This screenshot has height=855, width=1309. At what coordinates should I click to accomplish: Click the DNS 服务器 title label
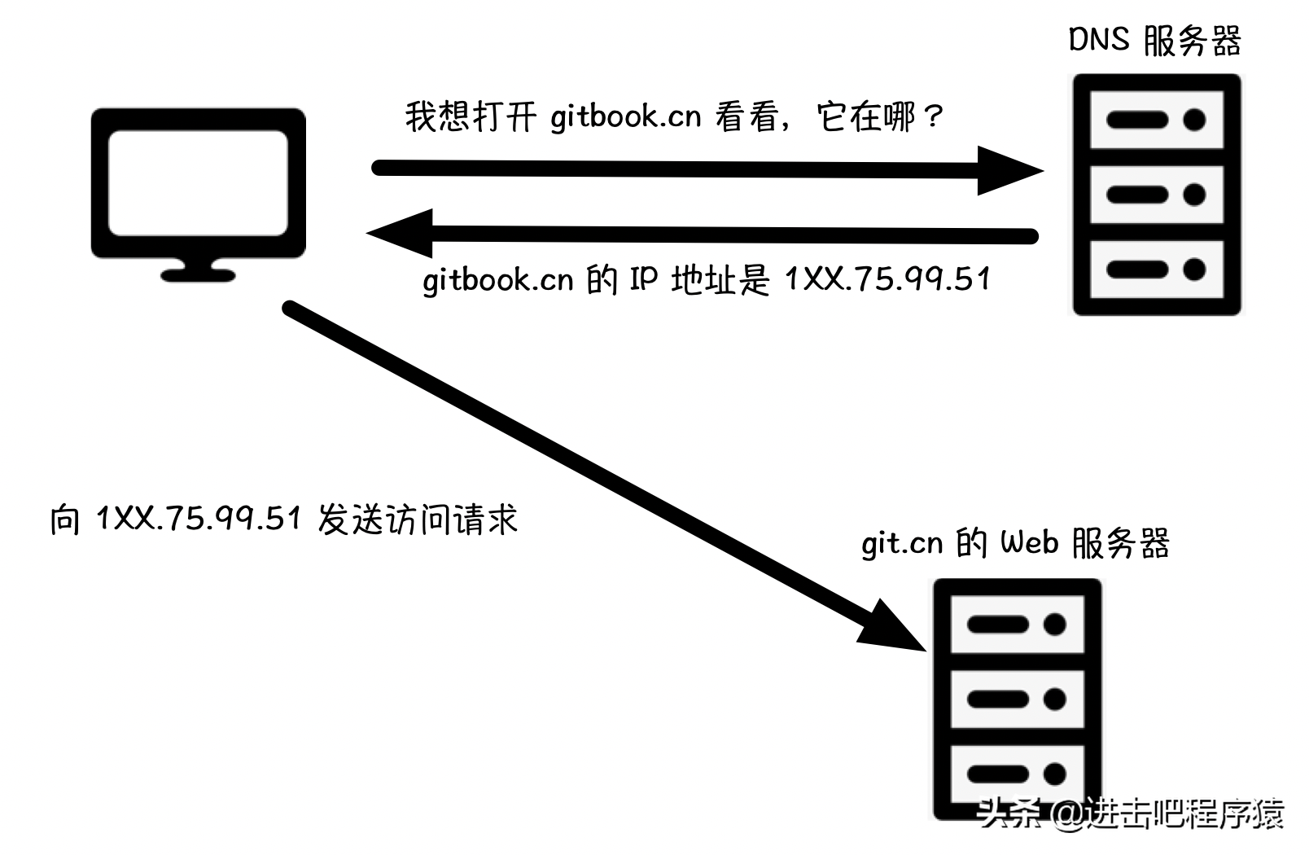coord(1154,41)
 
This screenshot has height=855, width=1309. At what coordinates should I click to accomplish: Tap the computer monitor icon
coord(198,184)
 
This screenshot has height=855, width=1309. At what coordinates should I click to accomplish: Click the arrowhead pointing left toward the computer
coord(401,234)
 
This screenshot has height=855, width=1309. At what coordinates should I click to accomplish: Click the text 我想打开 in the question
coord(471,117)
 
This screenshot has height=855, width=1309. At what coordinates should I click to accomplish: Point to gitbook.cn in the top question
coord(625,117)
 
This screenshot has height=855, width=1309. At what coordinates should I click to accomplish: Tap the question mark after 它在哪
coord(933,117)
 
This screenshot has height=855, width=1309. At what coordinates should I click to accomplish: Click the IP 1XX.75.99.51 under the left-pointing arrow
coord(887,280)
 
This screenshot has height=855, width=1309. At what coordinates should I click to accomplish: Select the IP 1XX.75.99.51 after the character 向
coord(199,518)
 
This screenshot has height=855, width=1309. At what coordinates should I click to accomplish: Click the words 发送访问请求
coord(418,520)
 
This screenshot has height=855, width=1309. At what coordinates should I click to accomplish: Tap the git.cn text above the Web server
coord(902,544)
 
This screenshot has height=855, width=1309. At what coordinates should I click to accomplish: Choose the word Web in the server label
coord(1029,542)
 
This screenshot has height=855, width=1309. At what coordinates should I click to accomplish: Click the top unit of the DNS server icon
coord(1157,121)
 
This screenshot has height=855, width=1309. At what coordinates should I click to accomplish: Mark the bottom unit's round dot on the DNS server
coord(1194,270)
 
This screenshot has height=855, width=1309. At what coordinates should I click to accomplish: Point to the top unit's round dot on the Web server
coord(1055,625)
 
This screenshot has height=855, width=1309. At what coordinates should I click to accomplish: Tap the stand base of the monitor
coord(198,275)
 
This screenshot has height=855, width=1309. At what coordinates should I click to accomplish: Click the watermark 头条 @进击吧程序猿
coord(1132,813)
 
